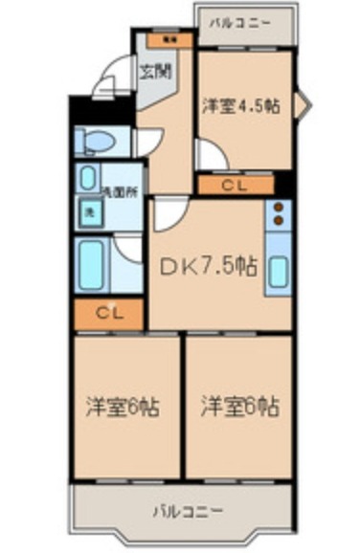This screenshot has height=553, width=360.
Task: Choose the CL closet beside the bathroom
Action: pyautogui.click(x=108, y=312)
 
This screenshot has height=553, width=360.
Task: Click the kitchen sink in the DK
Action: pyautogui.click(x=278, y=270)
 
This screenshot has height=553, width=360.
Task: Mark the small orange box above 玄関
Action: pyautogui.click(x=169, y=40)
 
